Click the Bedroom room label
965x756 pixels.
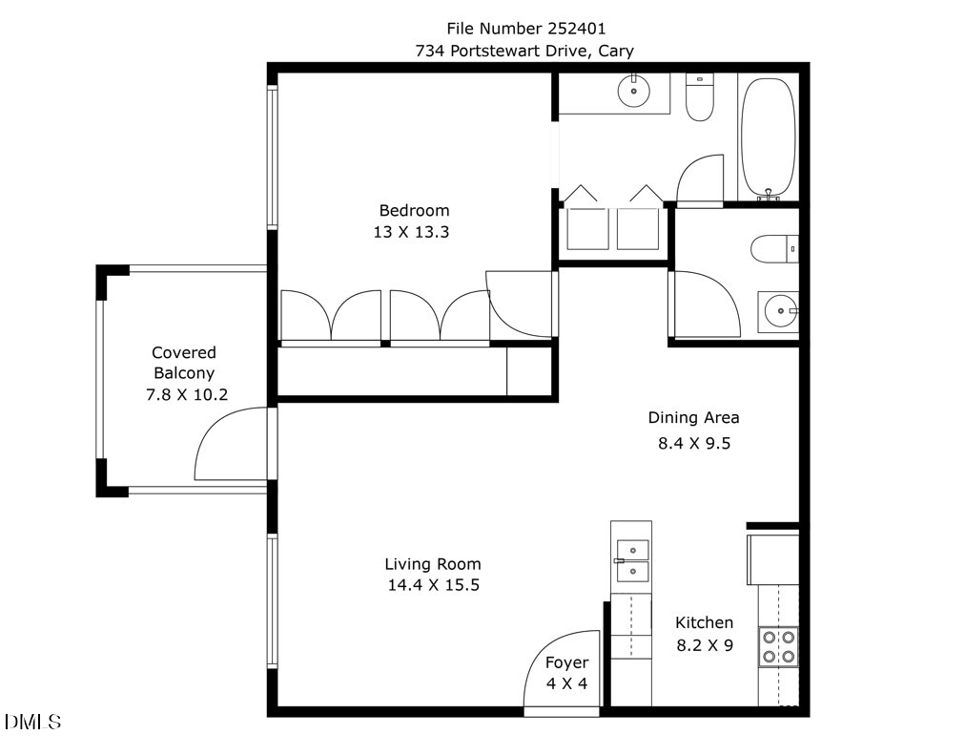(414, 211)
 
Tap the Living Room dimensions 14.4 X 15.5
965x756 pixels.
(433, 585)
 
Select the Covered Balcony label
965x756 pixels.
(184, 363)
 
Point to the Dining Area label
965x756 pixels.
(693, 418)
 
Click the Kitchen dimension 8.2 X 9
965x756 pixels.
(705, 645)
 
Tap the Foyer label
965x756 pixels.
(566, 663)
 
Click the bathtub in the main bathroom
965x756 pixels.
(768, 138)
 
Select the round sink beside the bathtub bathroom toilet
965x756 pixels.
(633, 93)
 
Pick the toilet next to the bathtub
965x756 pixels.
(700, 96)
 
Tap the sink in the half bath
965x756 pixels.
(778, 312)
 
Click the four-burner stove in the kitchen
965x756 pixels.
(778, 647)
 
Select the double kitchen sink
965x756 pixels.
(632, 561)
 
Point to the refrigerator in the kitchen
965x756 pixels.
(773, 559)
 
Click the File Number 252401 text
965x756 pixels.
(526, 29)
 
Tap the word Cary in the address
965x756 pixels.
(616, 51)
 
